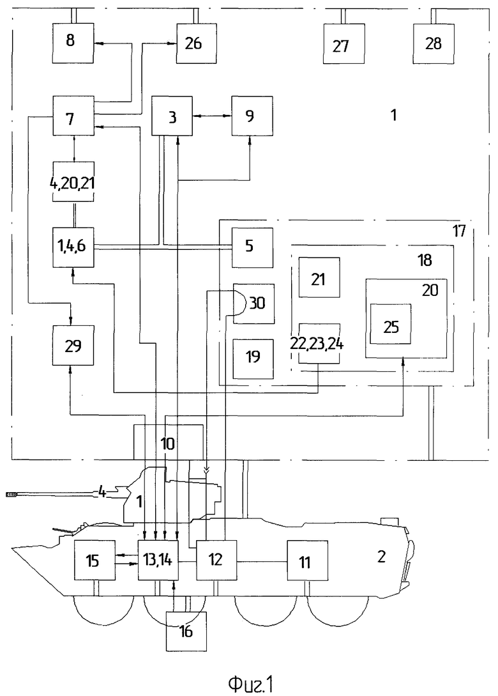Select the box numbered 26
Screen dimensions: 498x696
click(197, 43)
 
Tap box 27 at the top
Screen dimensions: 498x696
click(344, 43)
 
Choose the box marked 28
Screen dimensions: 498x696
click(434, 43)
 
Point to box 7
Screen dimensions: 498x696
click(73, 116)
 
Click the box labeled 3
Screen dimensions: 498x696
click(172, 116)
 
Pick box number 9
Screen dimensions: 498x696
click(252, 116)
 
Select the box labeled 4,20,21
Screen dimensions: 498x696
click(73, 182)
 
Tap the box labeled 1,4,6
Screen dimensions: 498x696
click(73, 247)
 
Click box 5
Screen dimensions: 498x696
click(253, 247)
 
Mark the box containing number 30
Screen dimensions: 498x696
click(253, 304)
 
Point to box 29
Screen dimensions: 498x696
click(73, 345)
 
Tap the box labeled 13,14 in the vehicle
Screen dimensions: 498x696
click(158, 560)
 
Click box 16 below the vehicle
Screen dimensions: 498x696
click(186, 631)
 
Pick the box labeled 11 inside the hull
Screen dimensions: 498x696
click(307, 560)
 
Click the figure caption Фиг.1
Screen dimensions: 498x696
click(250, 684)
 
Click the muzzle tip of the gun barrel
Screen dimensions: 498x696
click(6, 493)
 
